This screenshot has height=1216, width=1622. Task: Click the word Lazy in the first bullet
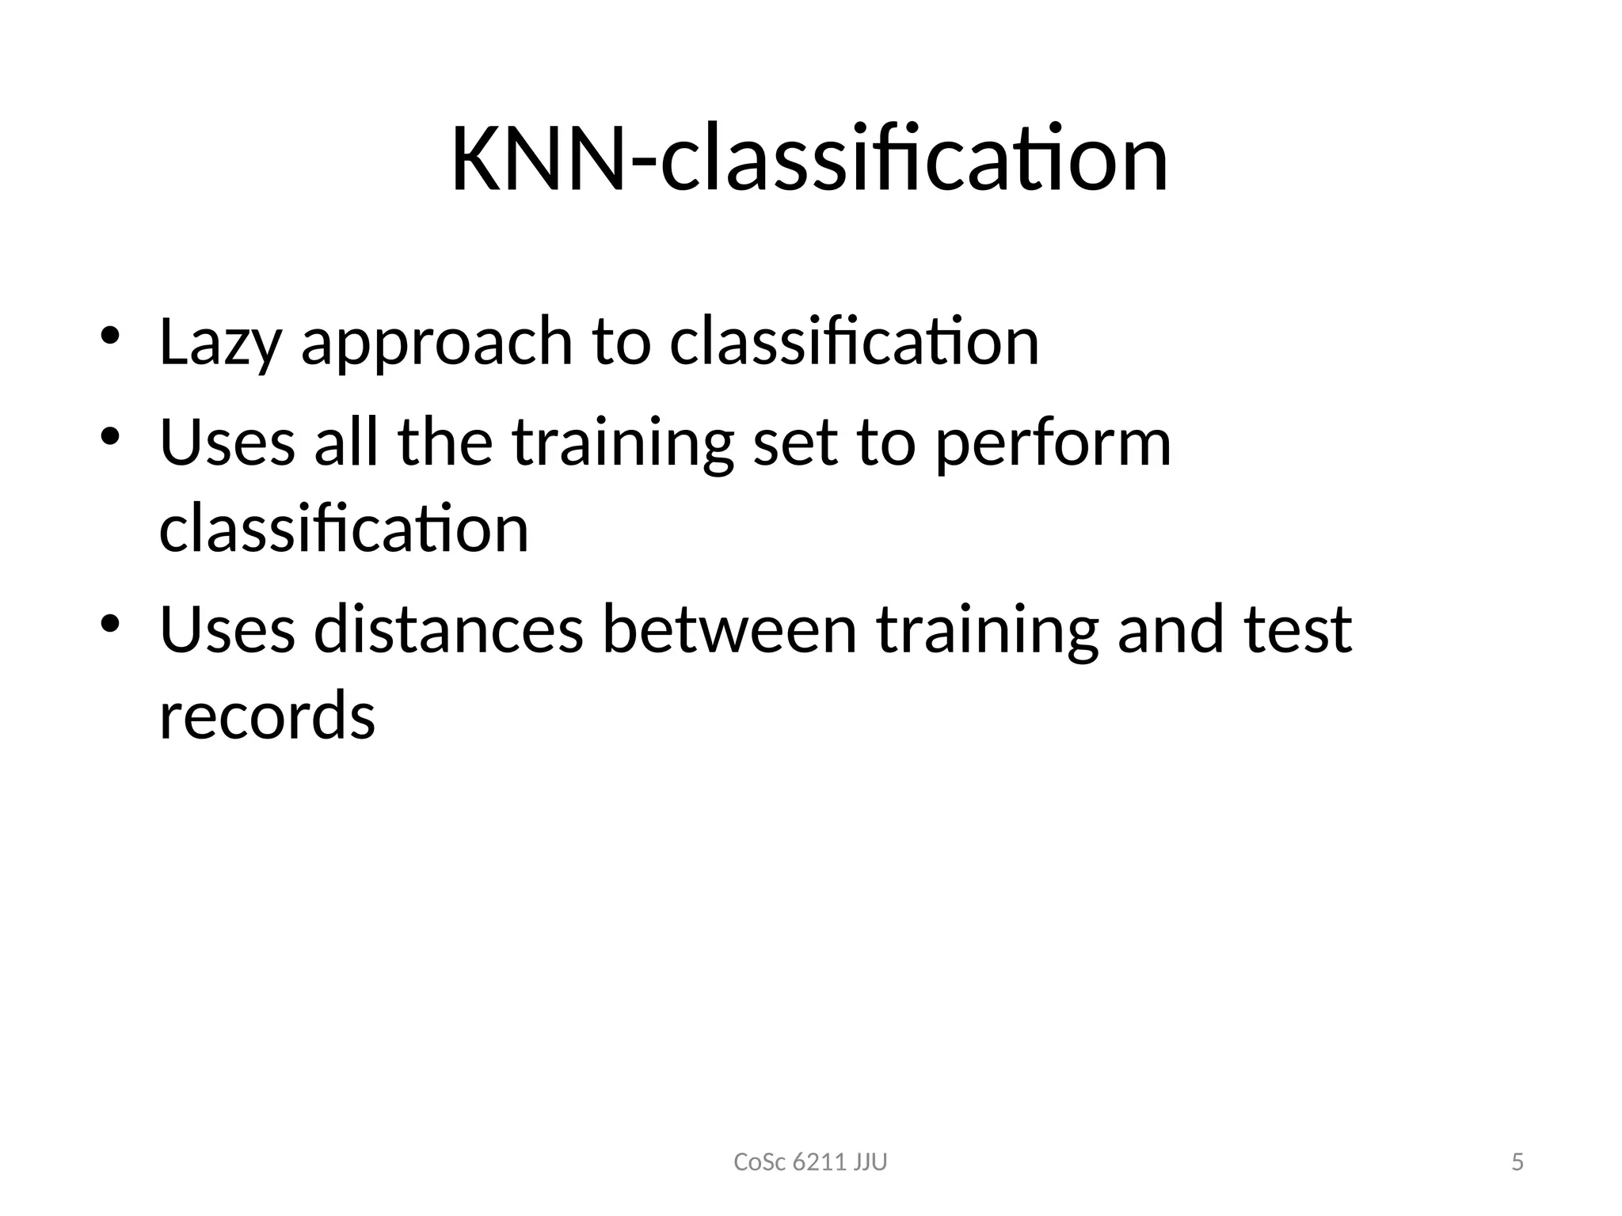click(219, 342)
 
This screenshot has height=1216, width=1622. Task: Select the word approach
click(436, 342)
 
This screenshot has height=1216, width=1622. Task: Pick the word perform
click(1053, 443)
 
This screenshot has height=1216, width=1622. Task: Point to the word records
click(267, 715)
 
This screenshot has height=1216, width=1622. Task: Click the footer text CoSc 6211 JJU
click(810, 1162)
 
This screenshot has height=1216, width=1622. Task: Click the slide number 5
click(1517, 1162)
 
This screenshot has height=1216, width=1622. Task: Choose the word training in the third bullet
click(988, 631)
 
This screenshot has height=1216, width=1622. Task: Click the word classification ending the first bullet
click(854, 342)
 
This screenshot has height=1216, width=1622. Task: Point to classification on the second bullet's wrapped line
click(344, 528)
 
